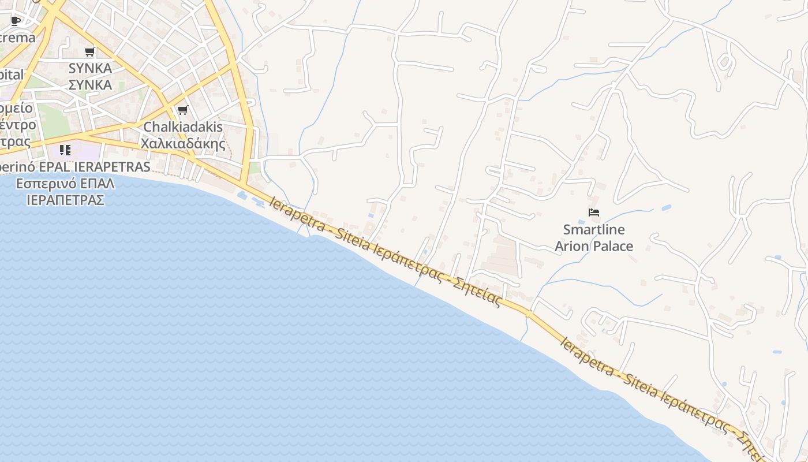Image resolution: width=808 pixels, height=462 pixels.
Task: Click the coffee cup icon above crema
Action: click(x=16, y=21)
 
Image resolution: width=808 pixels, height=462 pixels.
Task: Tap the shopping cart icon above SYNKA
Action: click(x=89, y=52)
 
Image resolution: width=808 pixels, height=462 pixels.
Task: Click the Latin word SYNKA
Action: click(x=90, y=68)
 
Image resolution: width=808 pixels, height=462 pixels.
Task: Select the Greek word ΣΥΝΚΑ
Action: click(x=90, y=85)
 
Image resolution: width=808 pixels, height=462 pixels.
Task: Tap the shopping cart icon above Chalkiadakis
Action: click(x=182, y=110)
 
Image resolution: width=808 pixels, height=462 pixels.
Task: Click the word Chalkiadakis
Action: click(x=183, y=126)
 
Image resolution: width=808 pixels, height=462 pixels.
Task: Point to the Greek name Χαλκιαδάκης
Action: click(x=183, y=143)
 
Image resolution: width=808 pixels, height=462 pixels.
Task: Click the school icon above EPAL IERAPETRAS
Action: click(x=65, y=150)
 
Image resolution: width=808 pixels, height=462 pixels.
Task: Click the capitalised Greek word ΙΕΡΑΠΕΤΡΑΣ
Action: click(x=65, y=200)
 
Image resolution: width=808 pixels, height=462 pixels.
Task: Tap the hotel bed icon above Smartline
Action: click(x=594, y=213)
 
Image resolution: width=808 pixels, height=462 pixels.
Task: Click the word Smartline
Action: click(x=594, y=229)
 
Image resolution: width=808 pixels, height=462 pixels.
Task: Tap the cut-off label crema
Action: click(x=17, y=38)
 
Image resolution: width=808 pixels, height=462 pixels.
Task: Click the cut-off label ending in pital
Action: click(x=12, y=74)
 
